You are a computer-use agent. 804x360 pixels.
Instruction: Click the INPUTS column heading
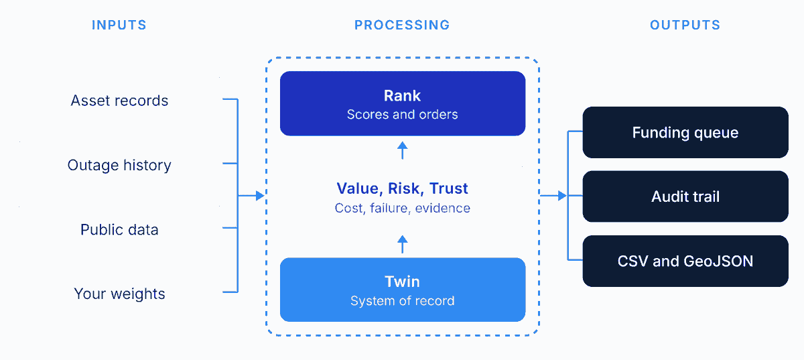(119, 25)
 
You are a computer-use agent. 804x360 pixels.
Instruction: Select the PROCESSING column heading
(402, 25)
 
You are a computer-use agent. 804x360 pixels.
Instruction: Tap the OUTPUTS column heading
(685, 25)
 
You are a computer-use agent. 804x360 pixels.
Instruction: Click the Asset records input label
(119, 101)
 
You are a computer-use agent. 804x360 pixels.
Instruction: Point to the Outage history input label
(119, 166)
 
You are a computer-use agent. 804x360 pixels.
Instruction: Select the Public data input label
(119, 229)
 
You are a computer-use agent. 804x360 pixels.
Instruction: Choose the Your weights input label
(119, 294)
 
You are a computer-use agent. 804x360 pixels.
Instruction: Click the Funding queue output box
(685, 132)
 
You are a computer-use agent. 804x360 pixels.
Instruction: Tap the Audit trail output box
(685, 196)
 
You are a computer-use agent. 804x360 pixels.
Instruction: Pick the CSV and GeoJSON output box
(685, 261)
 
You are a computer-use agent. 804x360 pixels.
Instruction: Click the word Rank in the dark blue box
(402, 96)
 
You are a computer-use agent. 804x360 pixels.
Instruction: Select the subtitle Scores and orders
(402, 114)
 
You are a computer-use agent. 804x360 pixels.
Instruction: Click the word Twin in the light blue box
(402, 282)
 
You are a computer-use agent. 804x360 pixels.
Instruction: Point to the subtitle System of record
(402, 300)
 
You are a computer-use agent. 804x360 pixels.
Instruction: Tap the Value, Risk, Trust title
(402, 188)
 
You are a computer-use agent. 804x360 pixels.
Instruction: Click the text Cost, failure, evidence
(402, 208)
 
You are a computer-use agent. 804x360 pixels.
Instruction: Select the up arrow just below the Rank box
(403, 150)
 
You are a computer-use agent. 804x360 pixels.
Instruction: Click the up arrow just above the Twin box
(403, 244)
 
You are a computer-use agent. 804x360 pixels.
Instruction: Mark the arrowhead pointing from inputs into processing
(260, 196)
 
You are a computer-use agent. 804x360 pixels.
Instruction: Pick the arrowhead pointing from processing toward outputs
(562, 196)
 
